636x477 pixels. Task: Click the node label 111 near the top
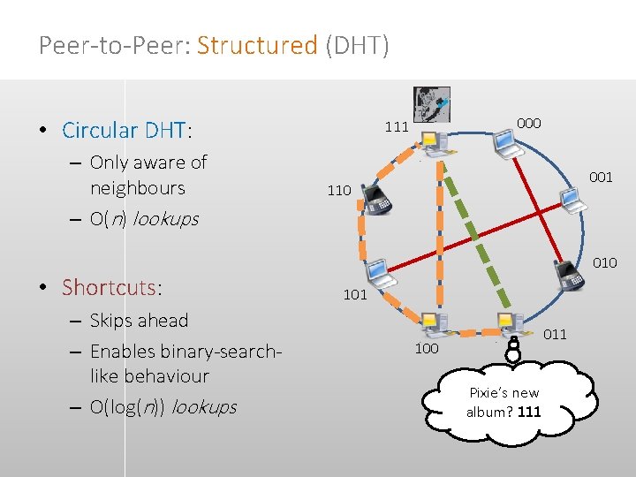click(397, 127)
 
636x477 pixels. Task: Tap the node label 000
click(528, 124)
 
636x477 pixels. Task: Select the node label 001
click(601, 178)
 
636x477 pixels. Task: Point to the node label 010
click(605, 263)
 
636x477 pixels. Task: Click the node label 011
click(555, 334)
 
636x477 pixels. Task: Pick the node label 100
click(427, 349)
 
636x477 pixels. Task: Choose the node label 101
click(355, 295)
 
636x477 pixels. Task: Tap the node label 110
click(339, 190)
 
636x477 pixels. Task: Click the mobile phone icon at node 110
click(379, 201)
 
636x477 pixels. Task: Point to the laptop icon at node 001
click(573, 201)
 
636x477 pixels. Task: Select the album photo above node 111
click(431, 104)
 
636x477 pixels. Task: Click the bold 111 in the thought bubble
click(529, 413)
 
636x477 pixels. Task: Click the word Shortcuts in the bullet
click(109, 287)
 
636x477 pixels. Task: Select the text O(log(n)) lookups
click(163, 407)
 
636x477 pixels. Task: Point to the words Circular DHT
click(125, 131)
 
